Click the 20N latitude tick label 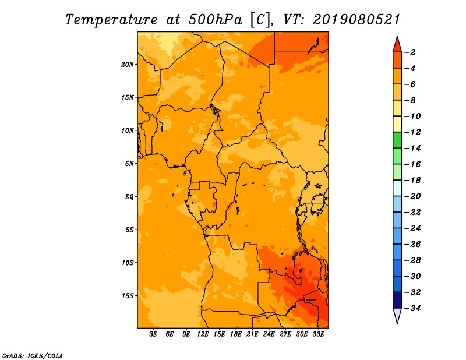tap(128, 64)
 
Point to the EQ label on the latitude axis tap(129, 196)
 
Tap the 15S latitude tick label tap(128, 296)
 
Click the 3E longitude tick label tap(154, 334)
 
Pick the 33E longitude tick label tap(318, 334)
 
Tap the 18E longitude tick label tap(236, 334)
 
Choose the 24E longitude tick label tap(269, 334)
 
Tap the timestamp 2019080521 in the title tap(356, 19)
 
